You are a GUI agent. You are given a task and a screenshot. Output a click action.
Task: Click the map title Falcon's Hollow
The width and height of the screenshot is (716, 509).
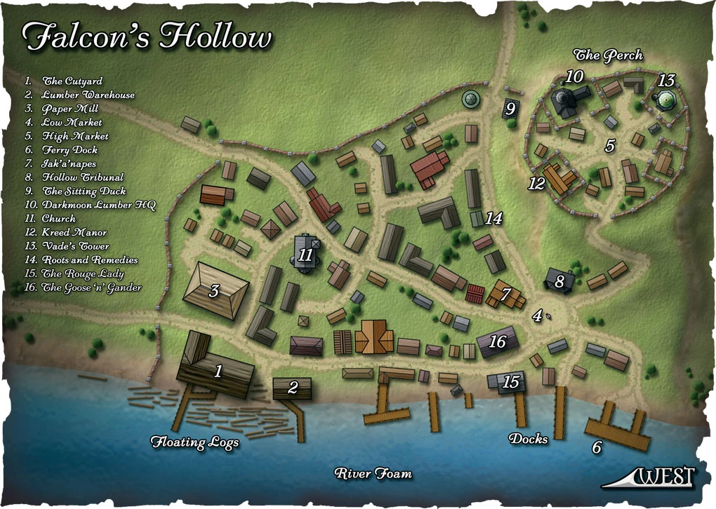click(146, 37)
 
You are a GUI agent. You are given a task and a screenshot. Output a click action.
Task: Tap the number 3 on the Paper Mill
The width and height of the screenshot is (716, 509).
click(213, 291)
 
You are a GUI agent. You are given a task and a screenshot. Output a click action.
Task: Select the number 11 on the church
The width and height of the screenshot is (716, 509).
click(305, 254)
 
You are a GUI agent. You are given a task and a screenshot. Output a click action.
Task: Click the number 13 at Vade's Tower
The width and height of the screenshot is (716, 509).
click(665, 81)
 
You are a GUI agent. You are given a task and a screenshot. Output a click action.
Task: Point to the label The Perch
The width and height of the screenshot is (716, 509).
click(608, 55)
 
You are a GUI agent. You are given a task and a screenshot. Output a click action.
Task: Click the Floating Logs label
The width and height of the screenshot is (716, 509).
click(195, 442)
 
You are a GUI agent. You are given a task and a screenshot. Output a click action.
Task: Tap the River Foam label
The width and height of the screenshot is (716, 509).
click(373, 473)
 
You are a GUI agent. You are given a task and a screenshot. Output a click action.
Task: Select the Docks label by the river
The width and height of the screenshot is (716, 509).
click(529, 439)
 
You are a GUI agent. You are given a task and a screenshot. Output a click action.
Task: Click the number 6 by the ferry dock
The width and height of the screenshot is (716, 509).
click(597, 447)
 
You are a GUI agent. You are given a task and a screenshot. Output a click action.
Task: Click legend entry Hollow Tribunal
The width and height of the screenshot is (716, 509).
click(82, 177)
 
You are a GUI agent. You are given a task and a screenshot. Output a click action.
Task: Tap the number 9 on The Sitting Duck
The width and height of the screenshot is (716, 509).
click(510, 109)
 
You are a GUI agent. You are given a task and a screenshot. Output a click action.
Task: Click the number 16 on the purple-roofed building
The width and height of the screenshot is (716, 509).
click(497, 342)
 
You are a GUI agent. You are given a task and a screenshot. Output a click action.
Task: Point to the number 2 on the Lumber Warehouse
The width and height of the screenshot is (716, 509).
click(293, 386)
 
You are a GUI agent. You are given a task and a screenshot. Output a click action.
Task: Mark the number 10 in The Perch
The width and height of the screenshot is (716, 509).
click(575, 76)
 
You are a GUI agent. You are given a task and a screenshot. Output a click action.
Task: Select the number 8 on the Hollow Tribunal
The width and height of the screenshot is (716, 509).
click(559, 282)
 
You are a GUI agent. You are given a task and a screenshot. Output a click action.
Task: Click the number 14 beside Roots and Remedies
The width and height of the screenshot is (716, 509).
click(493, 219)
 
